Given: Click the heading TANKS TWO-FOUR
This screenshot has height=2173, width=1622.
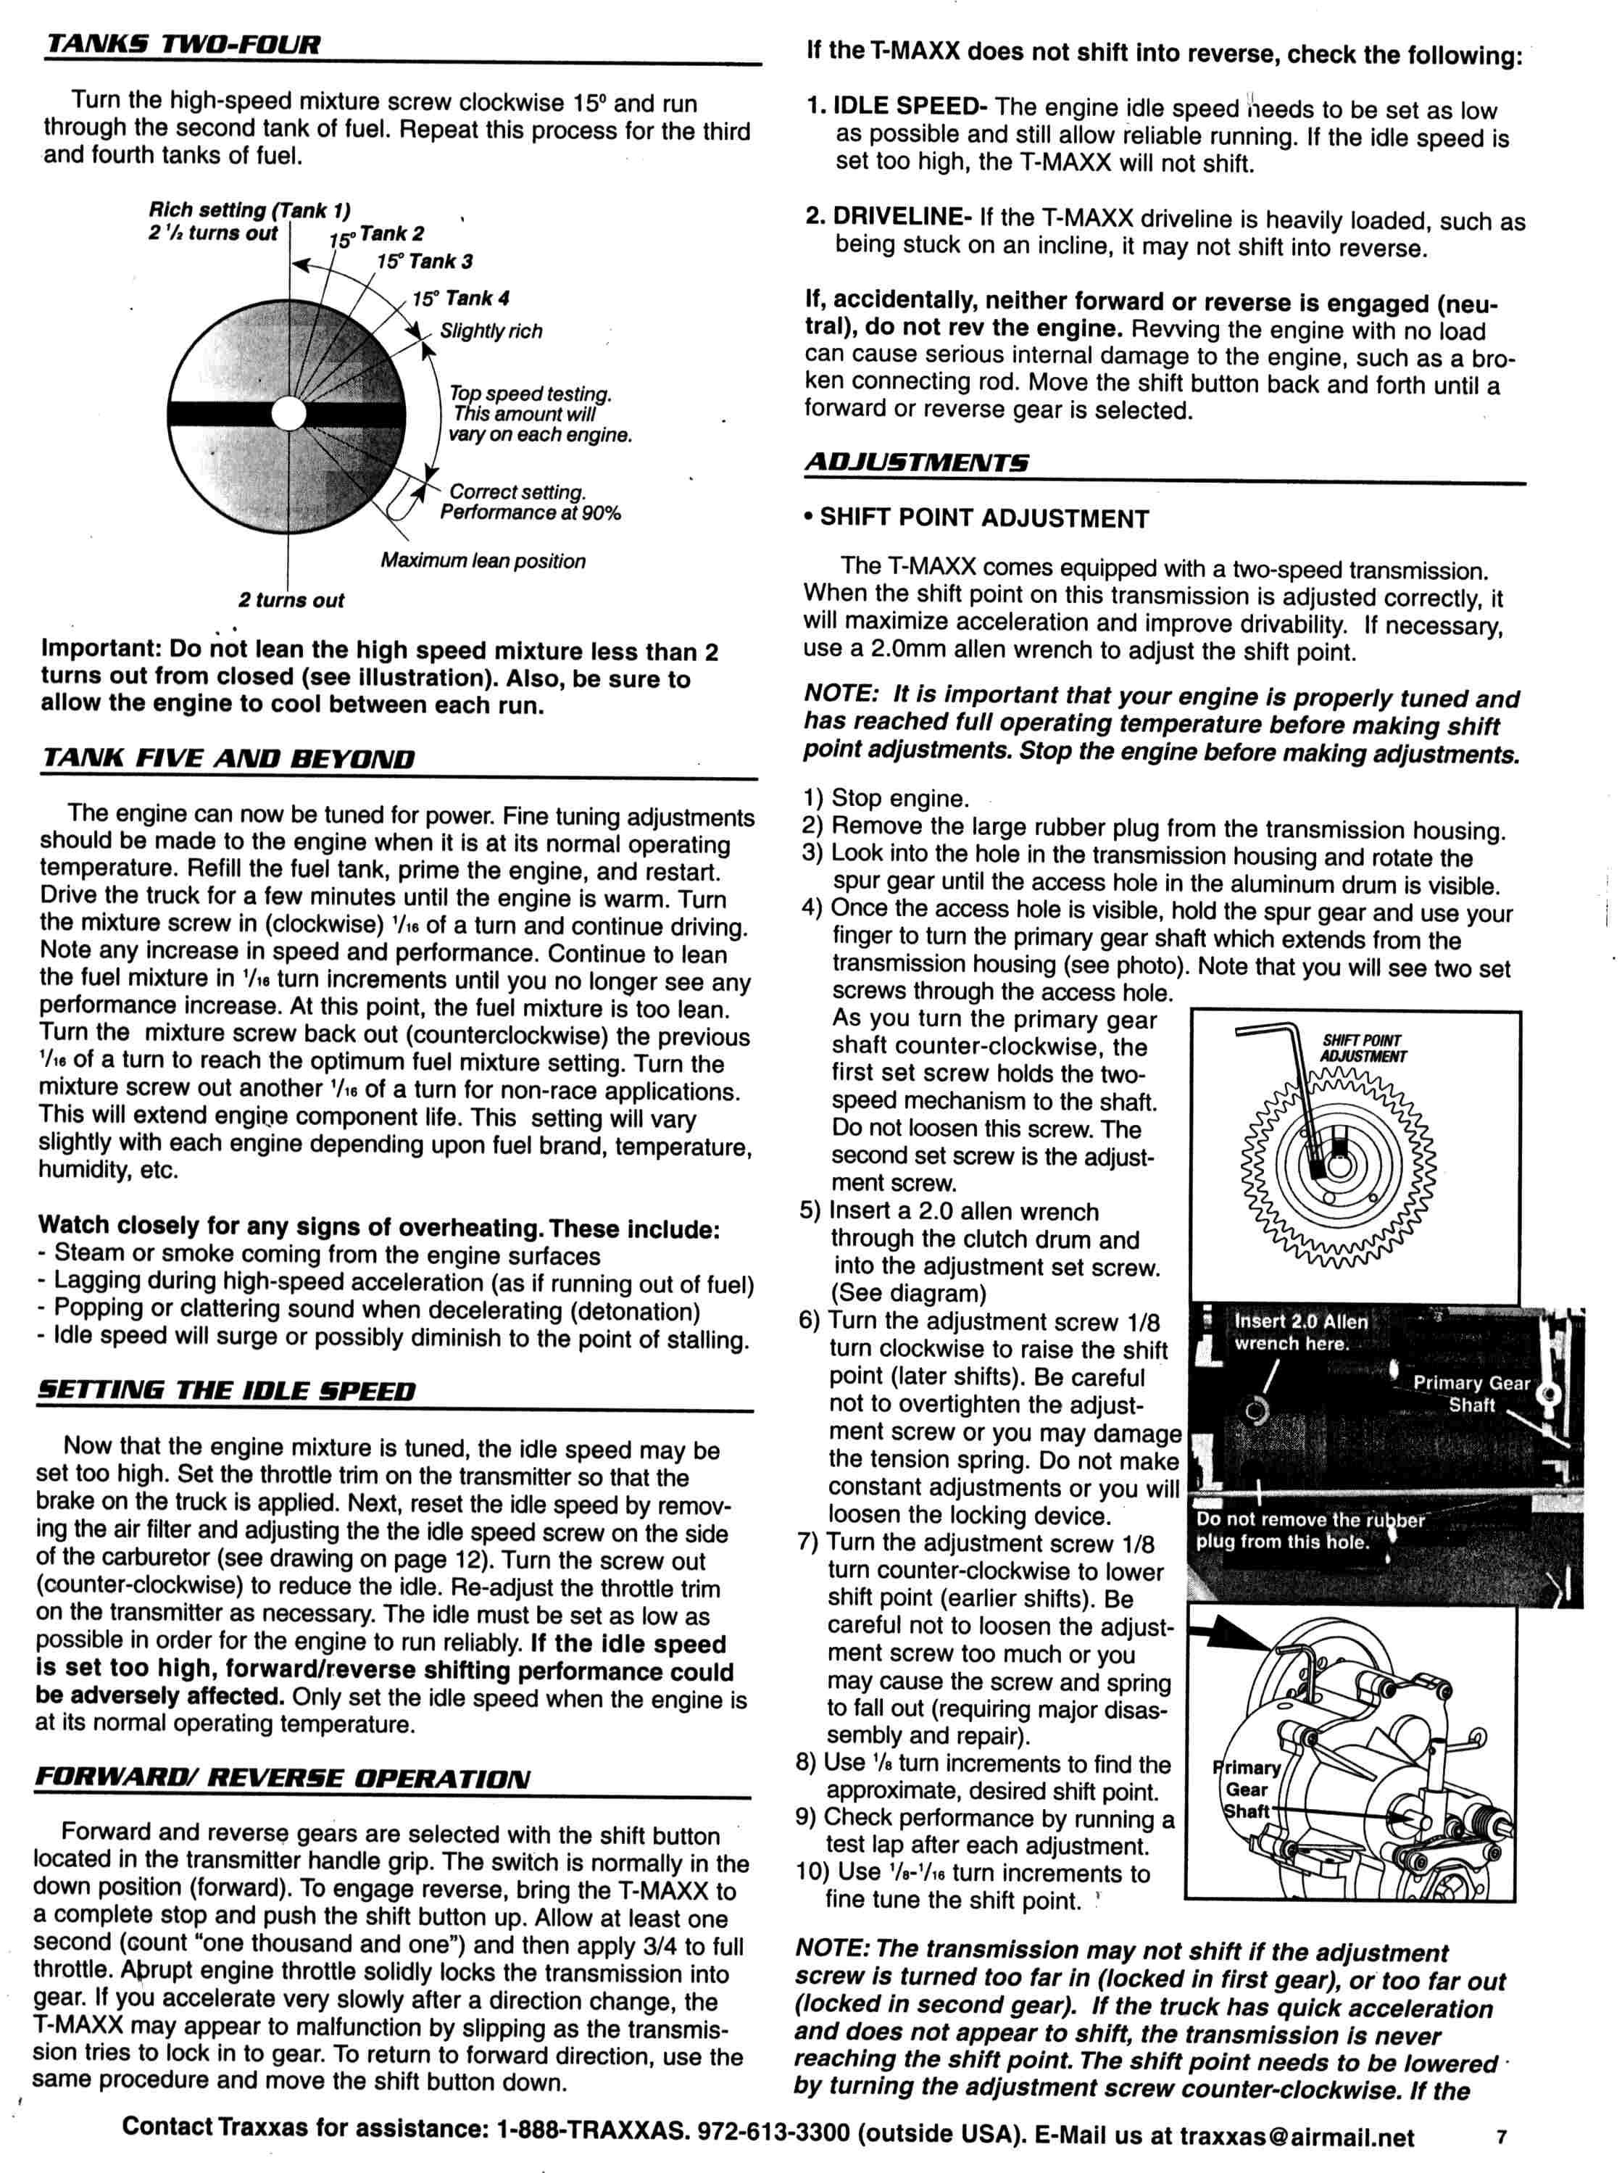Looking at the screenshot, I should [x=183, y=45].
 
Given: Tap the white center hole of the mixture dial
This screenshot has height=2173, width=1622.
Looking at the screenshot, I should [x=288, y=413].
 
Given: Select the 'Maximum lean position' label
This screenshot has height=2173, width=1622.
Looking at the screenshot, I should [x=483, y=562].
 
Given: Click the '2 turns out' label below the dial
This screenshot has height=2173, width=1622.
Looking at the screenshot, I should [x=291, y=601].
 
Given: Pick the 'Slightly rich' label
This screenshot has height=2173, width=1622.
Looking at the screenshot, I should [x=491, y=332].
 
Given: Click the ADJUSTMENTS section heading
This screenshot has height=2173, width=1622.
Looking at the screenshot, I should [x=916, y=462].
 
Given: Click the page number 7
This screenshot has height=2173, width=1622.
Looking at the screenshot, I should [x=1501, y=2130].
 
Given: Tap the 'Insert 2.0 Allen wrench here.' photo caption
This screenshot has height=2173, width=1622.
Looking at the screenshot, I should [x=1300, y=1332].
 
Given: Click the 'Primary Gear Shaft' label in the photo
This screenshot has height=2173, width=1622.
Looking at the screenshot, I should [x=1470, y=1393].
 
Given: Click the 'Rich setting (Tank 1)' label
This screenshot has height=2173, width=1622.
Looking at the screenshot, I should [x=249, y=210].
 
